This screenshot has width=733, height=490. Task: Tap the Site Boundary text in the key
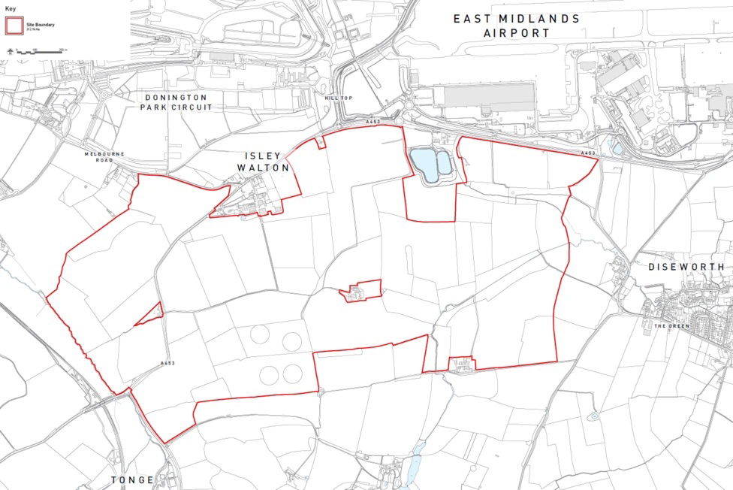(x=41, y=24)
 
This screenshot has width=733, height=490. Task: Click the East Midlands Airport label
(x=516, y=26)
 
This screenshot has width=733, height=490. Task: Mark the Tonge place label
(x=132, y=479)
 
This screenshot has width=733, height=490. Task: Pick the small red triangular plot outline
(x=152, y=313)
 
